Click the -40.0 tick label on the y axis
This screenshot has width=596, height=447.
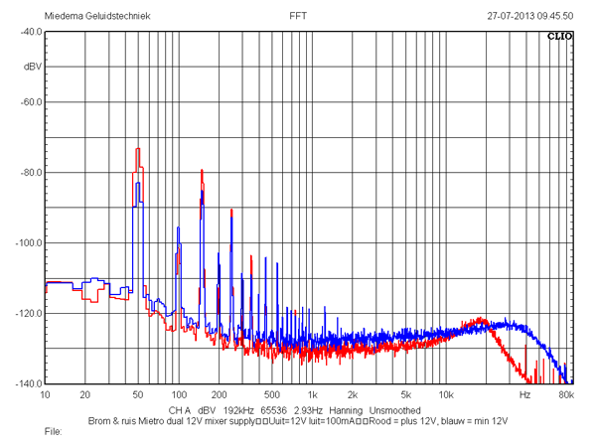(x=31, y=32)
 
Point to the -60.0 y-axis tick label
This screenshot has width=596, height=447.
(x=31, y=102)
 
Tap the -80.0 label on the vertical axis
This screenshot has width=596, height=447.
(x=31, y=173)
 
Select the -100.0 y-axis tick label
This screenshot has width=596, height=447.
(x=29, y=243)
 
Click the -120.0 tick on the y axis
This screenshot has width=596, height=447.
(x=29, y=314)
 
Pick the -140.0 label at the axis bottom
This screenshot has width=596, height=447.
(x=29, y=383)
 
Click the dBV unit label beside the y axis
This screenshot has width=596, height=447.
(x=33, y=67)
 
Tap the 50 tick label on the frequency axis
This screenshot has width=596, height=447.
(x=138, y=395)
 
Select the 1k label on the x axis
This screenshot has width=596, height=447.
(x=313, y=395)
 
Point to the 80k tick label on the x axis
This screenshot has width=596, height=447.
(x=566, y=395)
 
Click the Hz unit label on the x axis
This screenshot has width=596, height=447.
(x=524, y=395)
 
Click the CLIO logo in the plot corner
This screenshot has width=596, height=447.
(x=559, y=37)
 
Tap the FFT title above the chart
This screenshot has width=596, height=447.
(x=298, y=16)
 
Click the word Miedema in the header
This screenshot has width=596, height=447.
(x=64, y=16)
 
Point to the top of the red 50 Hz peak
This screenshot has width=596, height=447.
(x=138, y=149)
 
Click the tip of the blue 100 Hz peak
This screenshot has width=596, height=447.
(x=178, y=227)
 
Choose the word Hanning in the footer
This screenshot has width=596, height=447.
(x=346, y=410)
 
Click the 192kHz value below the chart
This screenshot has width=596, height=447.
(x=238, y=410)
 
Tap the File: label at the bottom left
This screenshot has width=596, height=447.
(x=54, y=432)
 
